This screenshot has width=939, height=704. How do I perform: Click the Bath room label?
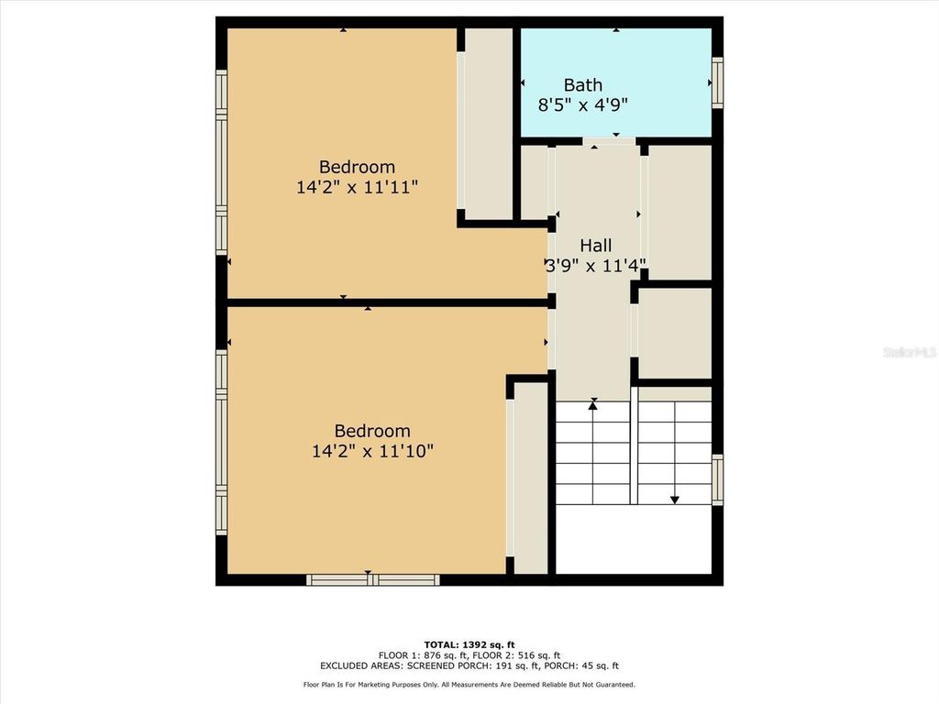coord(582,85)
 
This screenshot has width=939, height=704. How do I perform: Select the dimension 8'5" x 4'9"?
coord(582,104)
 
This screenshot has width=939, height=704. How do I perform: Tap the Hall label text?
coord(595,246)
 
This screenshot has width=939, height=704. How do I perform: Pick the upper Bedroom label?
coord(357,167)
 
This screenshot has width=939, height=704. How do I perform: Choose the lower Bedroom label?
coord(371,431)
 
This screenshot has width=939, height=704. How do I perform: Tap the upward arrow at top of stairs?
coord(593,403)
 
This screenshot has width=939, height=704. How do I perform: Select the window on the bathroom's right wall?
coord(717,82)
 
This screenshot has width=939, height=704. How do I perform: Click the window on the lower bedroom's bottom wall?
coord(372,579)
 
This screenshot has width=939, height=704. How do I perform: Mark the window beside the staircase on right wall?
coord(717,479)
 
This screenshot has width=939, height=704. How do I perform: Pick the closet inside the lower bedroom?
coord(531,477)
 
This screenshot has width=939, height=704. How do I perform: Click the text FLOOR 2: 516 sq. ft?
coord(523,655)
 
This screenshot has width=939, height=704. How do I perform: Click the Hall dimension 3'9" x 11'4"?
coord(595,266)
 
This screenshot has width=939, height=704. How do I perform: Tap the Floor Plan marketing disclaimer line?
coord(469,685)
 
